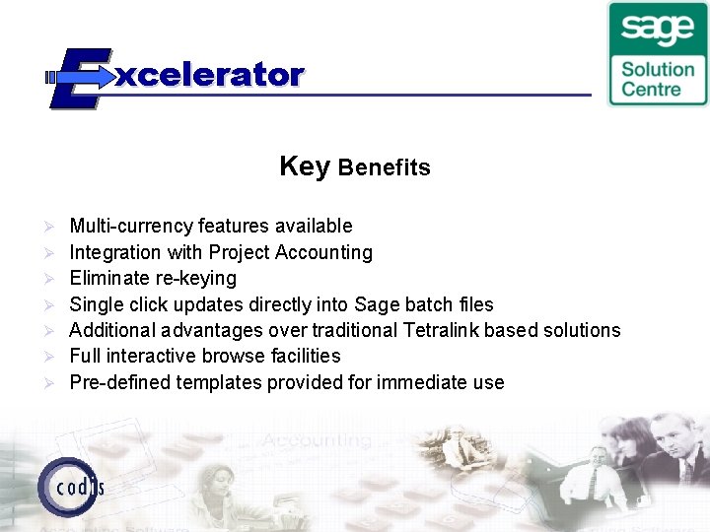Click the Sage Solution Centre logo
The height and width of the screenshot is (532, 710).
(x=657, y=53)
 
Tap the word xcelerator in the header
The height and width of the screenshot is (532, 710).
(x=209, y=75)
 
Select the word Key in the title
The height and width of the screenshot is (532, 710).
(x=304, y=166)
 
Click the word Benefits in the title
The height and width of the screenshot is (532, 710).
(x=385, y=167)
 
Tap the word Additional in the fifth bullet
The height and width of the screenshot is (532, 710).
(x=111, y=330)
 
